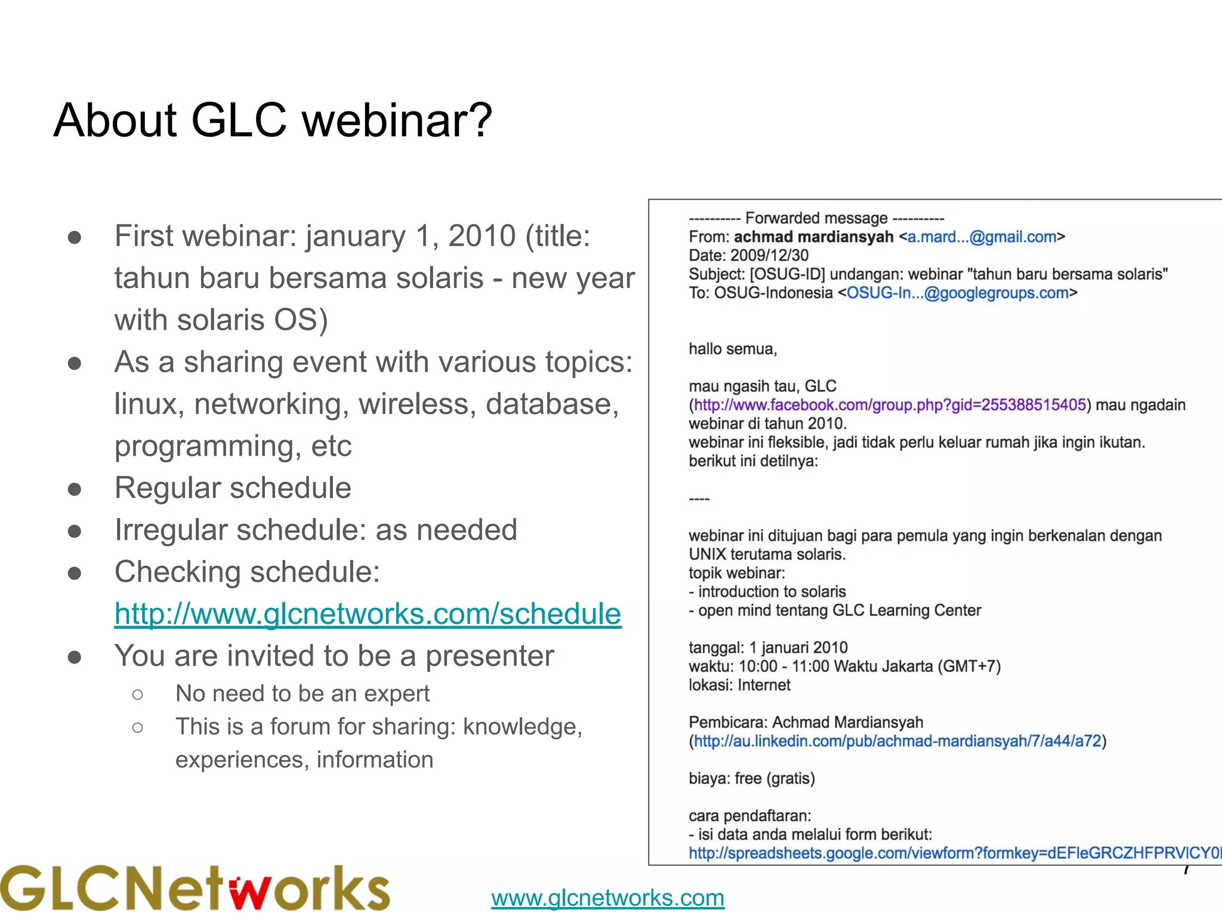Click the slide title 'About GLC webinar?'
pyautogui.click(x=273, y=120)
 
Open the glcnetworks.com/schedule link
pyautogui.click(x=368, y=614)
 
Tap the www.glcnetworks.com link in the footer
pyautogui.click(x=607, y=898)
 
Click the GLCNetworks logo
pyautogui.click(x=195, y=888)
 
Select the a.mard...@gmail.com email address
pyautogui.click(x=982, y=237)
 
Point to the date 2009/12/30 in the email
pyautogui.click(x=769, y=255)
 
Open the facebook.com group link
pyautogui.click(x=890, y=405)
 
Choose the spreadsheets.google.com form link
pyautogui.click(x=955, y=853)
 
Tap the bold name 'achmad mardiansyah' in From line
pyautogui.click(x=813, y=237)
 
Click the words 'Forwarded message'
pyautogui.click(x=816, y=218)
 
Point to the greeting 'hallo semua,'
pyautogui.click(x=733, y=349)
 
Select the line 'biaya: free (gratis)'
pyautogui.click(x=752, y=778)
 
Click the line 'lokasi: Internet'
pyautogui.click(x=739, y=685)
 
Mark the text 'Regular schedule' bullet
pyautogui.click(x=233, y=488)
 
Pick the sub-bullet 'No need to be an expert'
pyautogui.click(x=303, y=694)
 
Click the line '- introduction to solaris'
pyautogui.click(x=767, y=592)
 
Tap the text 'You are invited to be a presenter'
pyautogui.click(x=334, y=656)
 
